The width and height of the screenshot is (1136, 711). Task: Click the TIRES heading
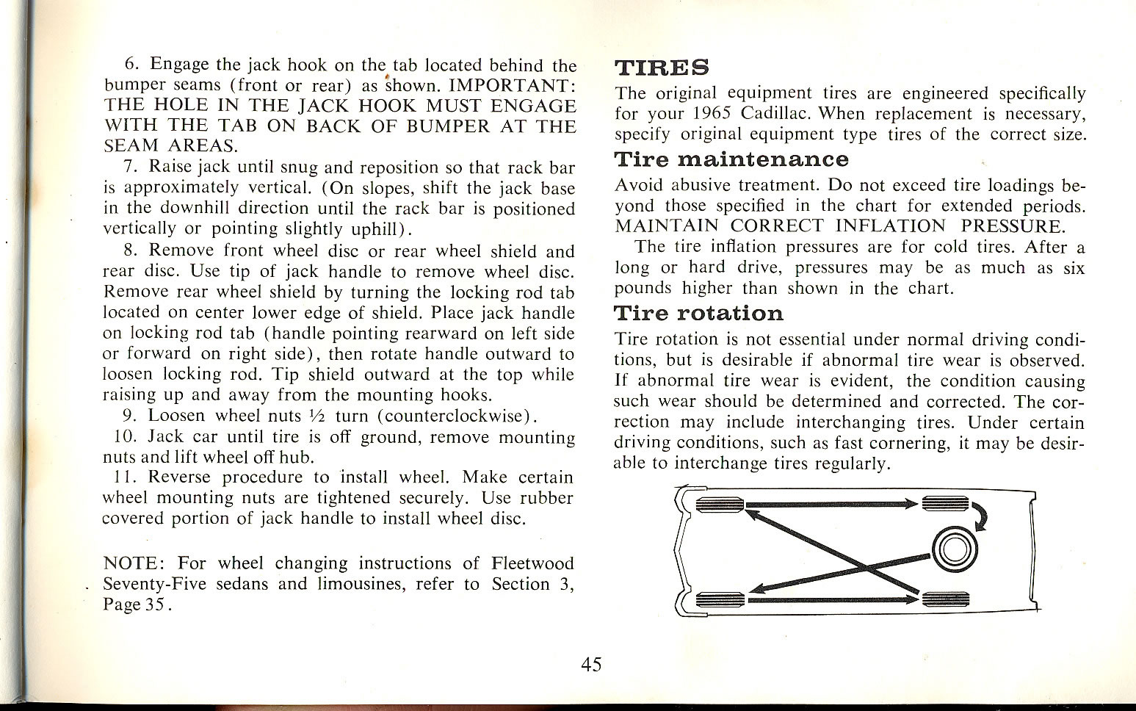(661, 68)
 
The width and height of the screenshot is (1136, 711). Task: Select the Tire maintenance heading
(731, 159)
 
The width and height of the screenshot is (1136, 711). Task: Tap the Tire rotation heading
(698, 314)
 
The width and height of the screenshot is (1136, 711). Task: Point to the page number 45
(591, 665)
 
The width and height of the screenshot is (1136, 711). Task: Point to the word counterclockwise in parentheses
(454, 416)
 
